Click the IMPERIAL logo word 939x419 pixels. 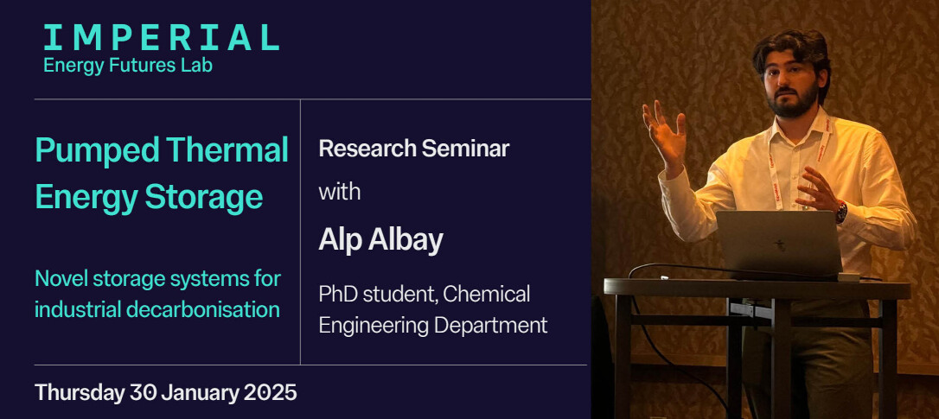[x=161, y=38]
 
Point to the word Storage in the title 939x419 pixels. [x=204, y=199]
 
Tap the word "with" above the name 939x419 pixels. [x=340, y=192]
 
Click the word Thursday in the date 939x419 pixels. [x=79, y=393]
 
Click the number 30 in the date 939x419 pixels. [x=144, y=393]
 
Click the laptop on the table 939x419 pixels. [x=779, y=243]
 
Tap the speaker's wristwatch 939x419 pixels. [x=841, y=212]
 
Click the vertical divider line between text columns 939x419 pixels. [x=300, y=232]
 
